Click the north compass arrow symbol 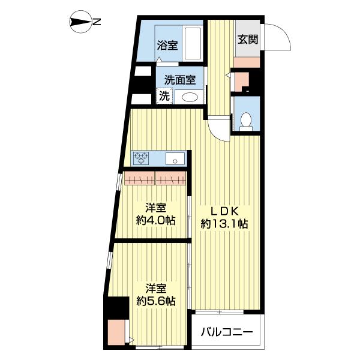tap(80, 23)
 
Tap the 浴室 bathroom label tap(167, 44)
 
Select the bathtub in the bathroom tap(192, 43)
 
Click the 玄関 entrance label tap(247, 40)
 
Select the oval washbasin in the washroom tap(190, 98)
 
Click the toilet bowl tap(245, 122)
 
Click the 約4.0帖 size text tap(155, 220)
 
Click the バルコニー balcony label tap(227, 332)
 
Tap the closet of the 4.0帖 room tap(154, 178)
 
